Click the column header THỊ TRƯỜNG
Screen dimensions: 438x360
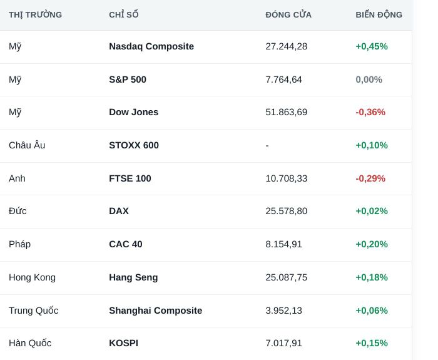(x=35, y=14)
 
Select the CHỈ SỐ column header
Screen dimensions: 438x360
(x=124, y=14)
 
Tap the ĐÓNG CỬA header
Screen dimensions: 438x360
(x=288, y=14)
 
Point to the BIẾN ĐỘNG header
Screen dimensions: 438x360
(x=379, y=14)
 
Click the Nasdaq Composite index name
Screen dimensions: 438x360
(x=151, y=46)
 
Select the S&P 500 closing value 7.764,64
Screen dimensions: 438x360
(x=284, y=80)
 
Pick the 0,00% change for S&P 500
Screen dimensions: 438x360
(x=369, y=80)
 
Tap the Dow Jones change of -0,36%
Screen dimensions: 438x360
(x=370, y=112)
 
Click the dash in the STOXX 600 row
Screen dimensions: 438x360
(x=267, y=145)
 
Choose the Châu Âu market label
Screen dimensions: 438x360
(x=27, y=145)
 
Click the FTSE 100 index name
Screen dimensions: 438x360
(x=130, y=178)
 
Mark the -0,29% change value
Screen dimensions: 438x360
(x=370, y=178)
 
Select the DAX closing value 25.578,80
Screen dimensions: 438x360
(x=287, y=211)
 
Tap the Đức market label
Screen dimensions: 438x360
(x=18, y=211)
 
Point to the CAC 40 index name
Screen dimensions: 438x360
(x=126, y=244)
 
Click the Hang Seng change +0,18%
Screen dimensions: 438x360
(x=372, y=277)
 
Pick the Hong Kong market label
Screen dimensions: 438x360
(x=32, y=277)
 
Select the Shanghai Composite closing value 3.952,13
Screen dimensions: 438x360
(x=284, y=311)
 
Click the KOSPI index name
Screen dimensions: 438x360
(x=123, y=343)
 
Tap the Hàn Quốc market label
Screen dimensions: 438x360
(x=30, y=343)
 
